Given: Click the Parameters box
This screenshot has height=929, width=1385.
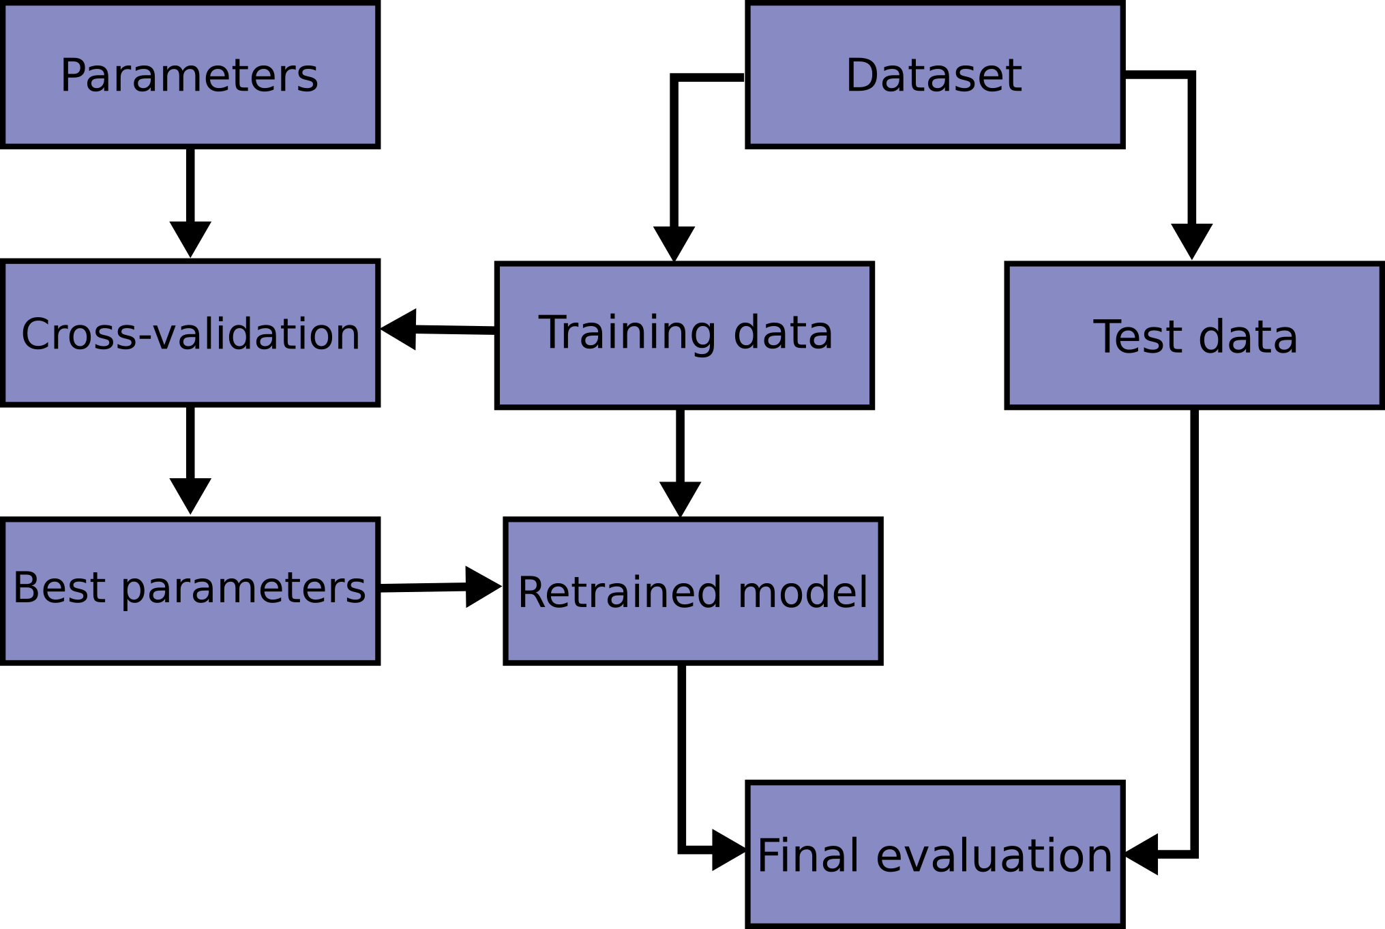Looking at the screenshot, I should [x=190, y=75].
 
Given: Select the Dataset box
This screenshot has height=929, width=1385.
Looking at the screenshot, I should [x=934, y=75].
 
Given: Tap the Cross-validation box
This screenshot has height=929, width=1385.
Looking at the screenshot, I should [x=190, y=334].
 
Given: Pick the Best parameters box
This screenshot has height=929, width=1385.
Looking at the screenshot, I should [x=190, y=591].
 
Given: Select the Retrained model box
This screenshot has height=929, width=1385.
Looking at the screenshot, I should [x=693, y=591].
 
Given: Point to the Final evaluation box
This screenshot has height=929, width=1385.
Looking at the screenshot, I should [x=934, y=854].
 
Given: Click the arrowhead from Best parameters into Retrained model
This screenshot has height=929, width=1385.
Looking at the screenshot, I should [x=482, y=587].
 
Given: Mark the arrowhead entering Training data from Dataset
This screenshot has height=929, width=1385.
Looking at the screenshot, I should [x=674, y=242].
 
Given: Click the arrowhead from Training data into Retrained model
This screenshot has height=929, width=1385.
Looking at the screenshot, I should [x=680, y=498].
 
